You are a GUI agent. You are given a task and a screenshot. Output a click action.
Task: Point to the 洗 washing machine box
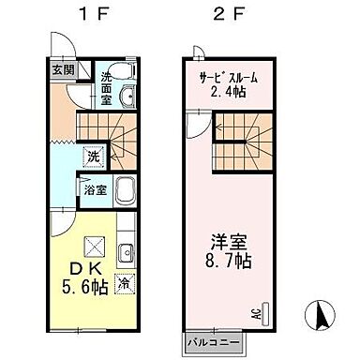pyautogui.click(x=93, y=158)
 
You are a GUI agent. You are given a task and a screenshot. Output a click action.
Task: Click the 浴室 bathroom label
pyautogui.click(x=93, y=188)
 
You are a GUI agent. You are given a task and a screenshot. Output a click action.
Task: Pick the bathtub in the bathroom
pyautogui.click(x=126, y=187)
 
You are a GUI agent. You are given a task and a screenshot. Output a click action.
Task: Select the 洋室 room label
pyautogui.click(x=228, y=236)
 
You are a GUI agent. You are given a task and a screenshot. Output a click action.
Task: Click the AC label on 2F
pyautogui.click(x=255, y=315)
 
